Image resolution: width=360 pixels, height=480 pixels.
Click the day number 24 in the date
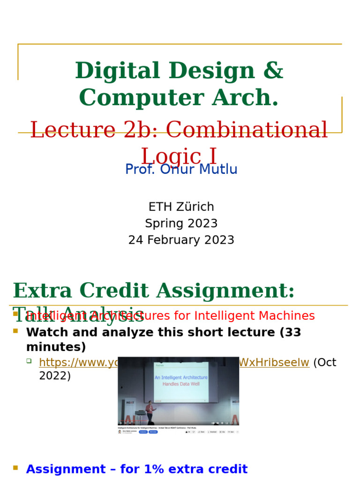click(135, 240)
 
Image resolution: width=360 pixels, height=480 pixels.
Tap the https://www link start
click(77, 362)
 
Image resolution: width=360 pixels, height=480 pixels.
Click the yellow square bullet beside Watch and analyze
click(15, 331)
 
